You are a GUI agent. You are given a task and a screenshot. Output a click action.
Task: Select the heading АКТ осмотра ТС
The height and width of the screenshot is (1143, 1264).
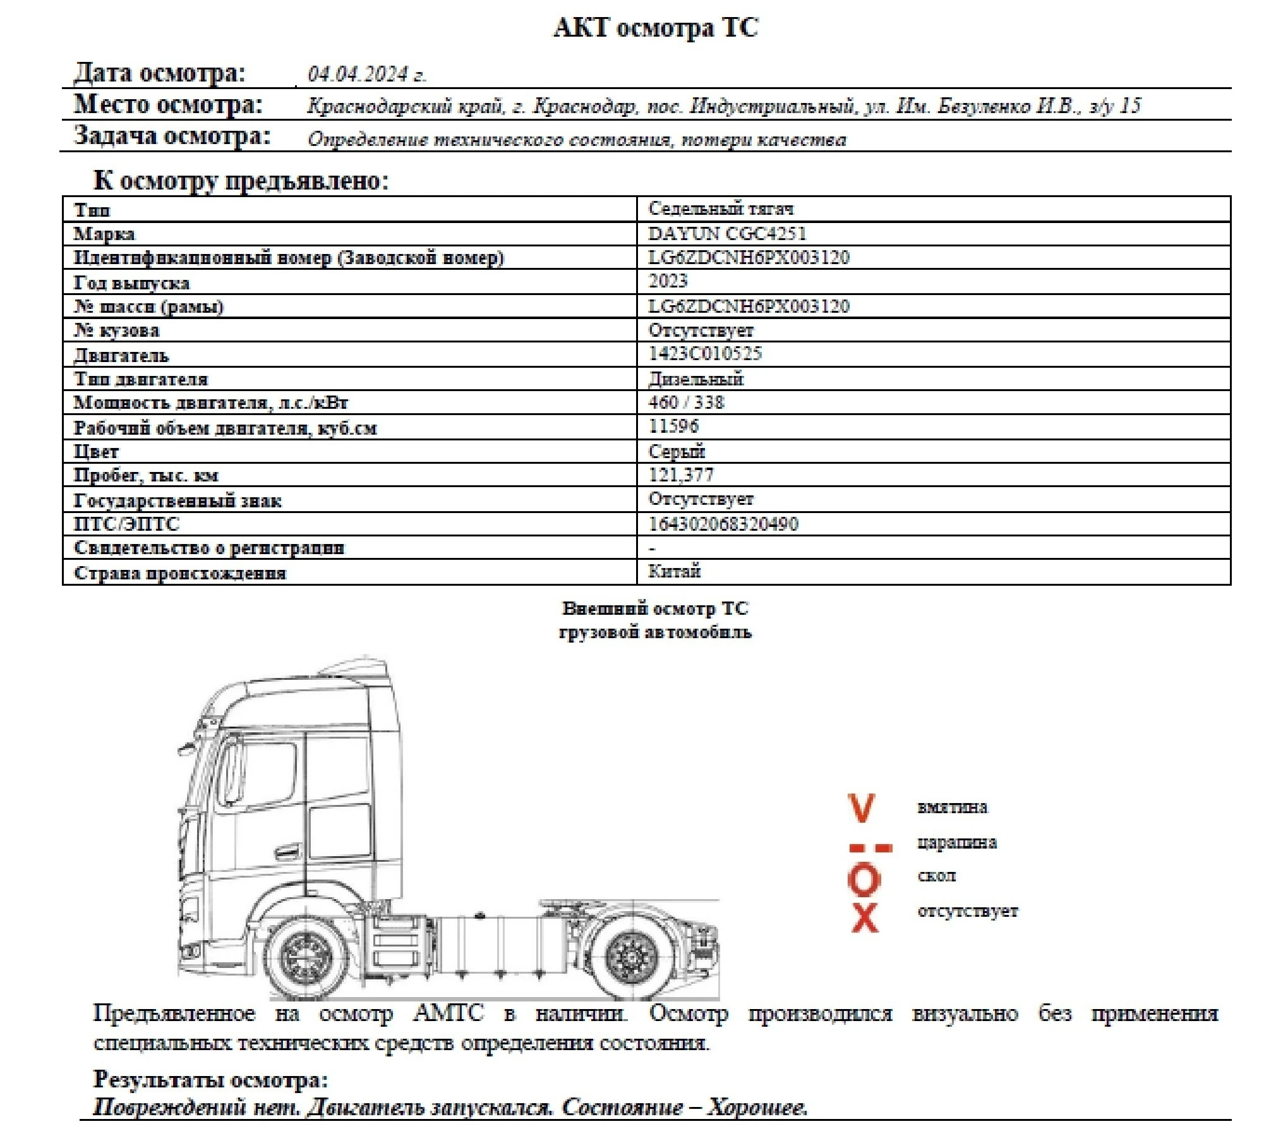point(655,28)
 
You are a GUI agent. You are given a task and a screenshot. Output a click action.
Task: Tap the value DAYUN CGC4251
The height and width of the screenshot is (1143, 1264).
point(727,234)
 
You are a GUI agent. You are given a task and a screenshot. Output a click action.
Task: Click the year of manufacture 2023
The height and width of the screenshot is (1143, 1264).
point(668,281)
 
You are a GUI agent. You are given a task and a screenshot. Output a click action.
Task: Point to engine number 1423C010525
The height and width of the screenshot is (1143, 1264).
point(705,353)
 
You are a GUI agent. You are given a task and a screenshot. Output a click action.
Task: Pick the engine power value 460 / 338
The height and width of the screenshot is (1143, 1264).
point(686,402)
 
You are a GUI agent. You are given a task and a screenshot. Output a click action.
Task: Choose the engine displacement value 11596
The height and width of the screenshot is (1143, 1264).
point(673,426)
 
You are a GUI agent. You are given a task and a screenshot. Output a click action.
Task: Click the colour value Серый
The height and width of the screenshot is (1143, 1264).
point(676,451)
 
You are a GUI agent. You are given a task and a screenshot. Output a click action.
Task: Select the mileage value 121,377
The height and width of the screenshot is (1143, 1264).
point(680,475)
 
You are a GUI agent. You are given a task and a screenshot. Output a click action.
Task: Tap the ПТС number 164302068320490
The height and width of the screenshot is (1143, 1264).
point(723,524)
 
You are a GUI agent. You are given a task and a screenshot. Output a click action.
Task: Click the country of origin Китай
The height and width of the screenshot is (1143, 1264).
point(674,571)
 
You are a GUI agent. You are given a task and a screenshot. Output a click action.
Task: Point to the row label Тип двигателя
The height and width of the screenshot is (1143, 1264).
point(141,379)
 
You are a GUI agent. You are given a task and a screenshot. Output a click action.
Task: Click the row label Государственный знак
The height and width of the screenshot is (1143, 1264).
point(178,501)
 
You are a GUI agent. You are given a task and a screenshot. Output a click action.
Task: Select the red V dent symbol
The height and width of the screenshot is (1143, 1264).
point(861,808)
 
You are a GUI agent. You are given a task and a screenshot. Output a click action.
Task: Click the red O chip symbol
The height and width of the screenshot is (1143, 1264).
point(864,880)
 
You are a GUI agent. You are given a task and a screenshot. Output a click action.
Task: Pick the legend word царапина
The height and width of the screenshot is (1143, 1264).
point(956,843)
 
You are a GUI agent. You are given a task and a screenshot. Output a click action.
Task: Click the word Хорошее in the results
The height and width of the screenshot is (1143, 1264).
point(757,1107)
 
